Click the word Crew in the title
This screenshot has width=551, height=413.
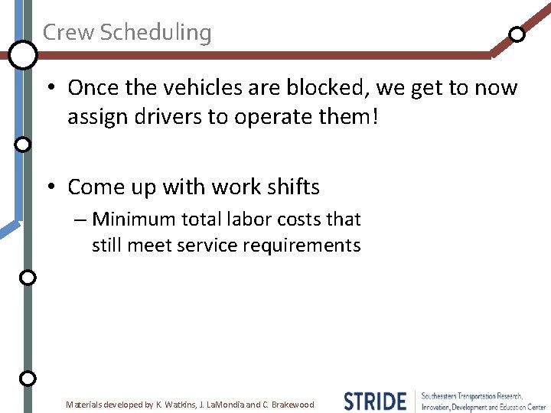pyautogui.click(x=68, y=32)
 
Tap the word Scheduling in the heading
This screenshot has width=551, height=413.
pyautogui.click(x=155, y=33)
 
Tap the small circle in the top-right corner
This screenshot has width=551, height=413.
pyautogui.click(x=517, y=34)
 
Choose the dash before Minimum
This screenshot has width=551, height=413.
pyautogui.click(x=81, y=220)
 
